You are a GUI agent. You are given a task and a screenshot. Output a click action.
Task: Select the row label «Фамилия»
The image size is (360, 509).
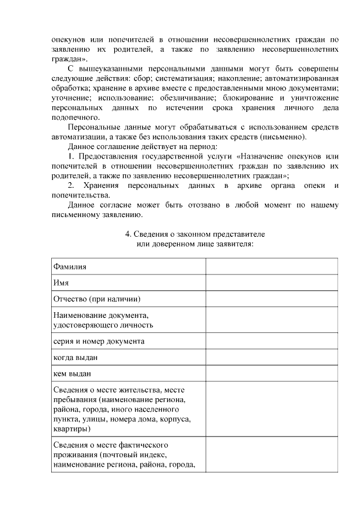(x=69, y=267)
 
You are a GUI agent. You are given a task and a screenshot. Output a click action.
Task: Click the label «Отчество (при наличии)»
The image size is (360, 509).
(x=96, y=298)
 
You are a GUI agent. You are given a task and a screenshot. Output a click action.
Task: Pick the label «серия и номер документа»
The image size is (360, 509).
(x=98, y=341)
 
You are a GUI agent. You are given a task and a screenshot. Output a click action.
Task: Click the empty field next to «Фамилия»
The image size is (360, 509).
(x=271, y=267)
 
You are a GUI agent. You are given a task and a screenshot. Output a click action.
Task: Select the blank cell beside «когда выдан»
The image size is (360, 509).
(x=271, y=357)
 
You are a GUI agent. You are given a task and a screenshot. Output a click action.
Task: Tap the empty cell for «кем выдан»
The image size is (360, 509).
(x=271, y=373)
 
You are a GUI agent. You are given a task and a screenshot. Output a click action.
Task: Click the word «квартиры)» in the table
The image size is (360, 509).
(x=71, y=429)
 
